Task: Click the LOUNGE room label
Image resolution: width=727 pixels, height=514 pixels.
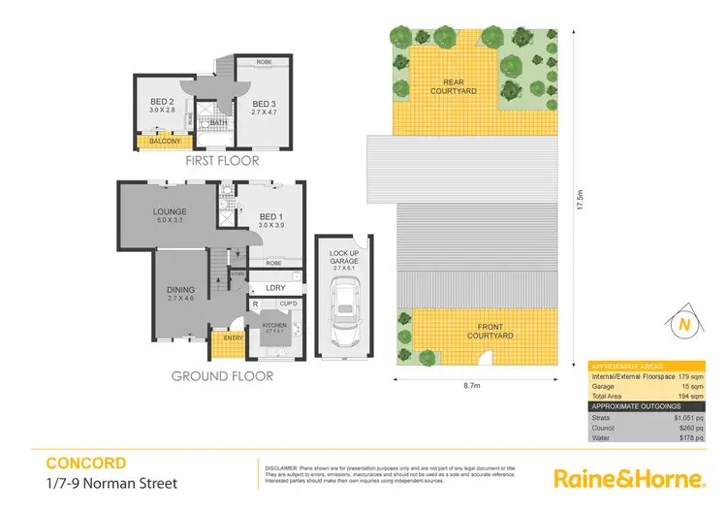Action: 169,211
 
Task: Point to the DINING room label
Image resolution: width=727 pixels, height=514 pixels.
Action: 180,289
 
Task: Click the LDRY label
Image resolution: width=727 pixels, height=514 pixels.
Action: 274,288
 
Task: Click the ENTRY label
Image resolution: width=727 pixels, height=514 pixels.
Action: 233,337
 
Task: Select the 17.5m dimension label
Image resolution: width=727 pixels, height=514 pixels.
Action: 580,201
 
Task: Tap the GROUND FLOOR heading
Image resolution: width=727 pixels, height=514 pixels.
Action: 222,376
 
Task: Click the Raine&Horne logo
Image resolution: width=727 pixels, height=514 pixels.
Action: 627,478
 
